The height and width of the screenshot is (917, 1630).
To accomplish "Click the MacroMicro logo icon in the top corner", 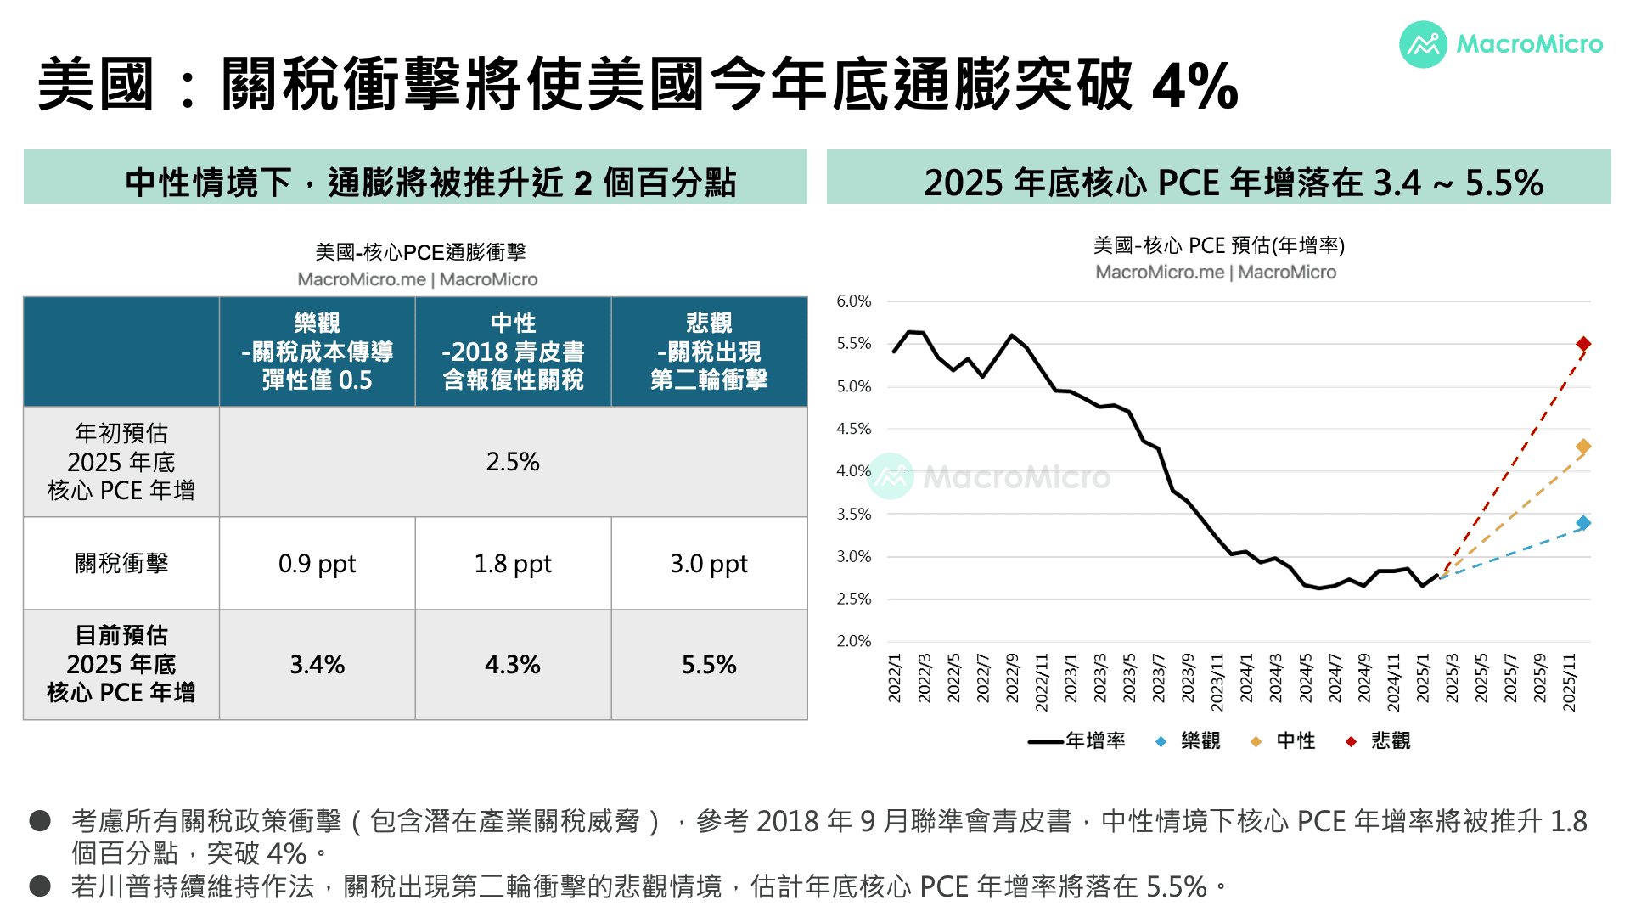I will [1423, 44].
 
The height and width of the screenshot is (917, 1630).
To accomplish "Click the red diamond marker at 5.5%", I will [1583, 344].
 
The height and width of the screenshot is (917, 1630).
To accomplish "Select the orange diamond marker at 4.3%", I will [1583, 447].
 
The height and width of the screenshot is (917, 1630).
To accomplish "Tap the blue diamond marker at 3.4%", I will [1583, 523].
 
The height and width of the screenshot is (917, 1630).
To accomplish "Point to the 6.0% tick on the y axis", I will [854, 301].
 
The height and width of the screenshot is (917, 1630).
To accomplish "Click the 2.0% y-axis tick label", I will [854, 642].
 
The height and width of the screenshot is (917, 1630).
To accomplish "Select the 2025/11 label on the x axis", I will [1570, 682].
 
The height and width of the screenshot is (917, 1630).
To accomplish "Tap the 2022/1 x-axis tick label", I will [895, 678].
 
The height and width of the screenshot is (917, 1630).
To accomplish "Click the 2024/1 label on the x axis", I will [1246, 678].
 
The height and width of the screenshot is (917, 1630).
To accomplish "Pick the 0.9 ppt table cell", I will [317, 564].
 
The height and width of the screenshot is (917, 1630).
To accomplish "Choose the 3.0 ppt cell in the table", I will [709, 564].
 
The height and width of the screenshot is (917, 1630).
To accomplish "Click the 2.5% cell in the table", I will [513, 462].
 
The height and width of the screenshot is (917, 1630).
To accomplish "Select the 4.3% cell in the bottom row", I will [513, 665].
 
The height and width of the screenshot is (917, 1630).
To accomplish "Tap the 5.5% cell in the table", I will [709, 665].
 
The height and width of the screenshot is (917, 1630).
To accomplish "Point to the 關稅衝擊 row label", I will [121, 564].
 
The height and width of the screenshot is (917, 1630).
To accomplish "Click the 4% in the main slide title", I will [1194, 86].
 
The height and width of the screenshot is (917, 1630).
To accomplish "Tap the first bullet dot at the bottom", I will [40, 820].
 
